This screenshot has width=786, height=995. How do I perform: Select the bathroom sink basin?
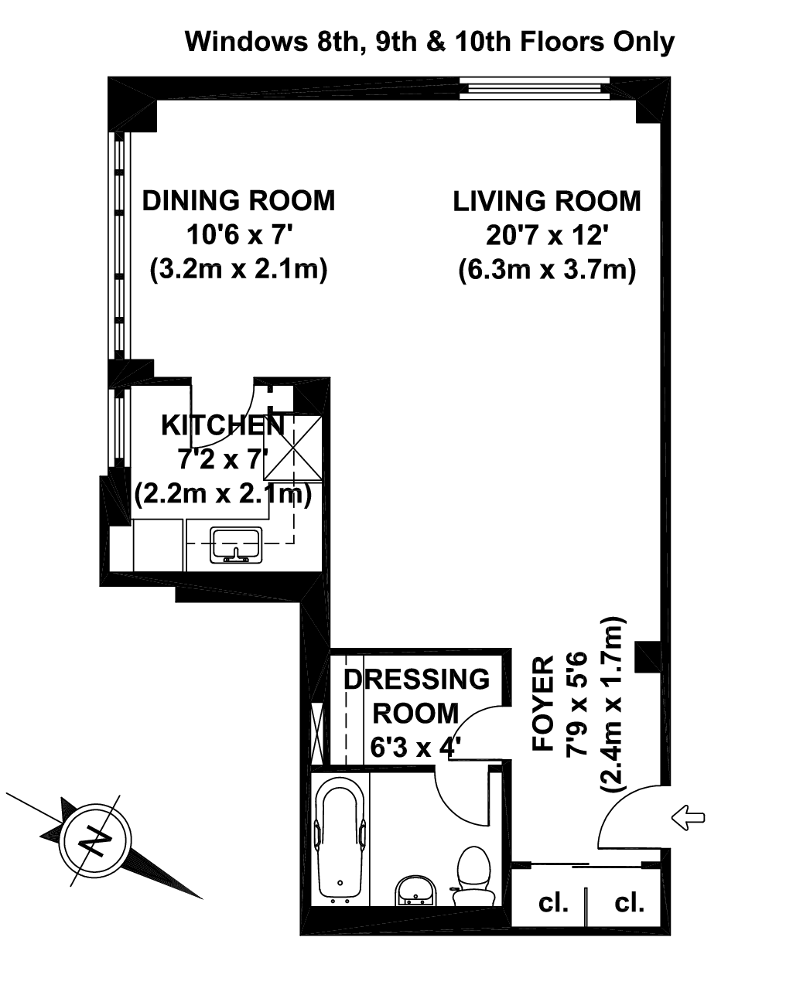tap(416, 892)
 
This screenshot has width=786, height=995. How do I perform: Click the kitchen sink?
tap(238, 544)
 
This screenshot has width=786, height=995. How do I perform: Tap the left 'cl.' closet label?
tap(553, 901)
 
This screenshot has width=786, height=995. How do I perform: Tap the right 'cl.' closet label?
tap(629, 901)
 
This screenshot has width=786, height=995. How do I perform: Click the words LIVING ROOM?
tap(546, 201)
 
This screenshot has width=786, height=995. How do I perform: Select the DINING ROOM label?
tap(238, 200)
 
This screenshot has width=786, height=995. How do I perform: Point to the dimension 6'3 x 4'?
tap(415, 748)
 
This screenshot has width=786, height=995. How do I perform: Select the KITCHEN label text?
tap(222, 424)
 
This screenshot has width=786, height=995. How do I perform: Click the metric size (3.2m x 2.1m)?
tap(238, 270)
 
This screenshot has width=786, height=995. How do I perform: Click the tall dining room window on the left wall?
tap(119, 244)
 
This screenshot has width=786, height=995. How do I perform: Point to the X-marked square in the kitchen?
tap(299, 448)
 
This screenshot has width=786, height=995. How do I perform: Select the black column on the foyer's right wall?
tap(647, 656)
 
